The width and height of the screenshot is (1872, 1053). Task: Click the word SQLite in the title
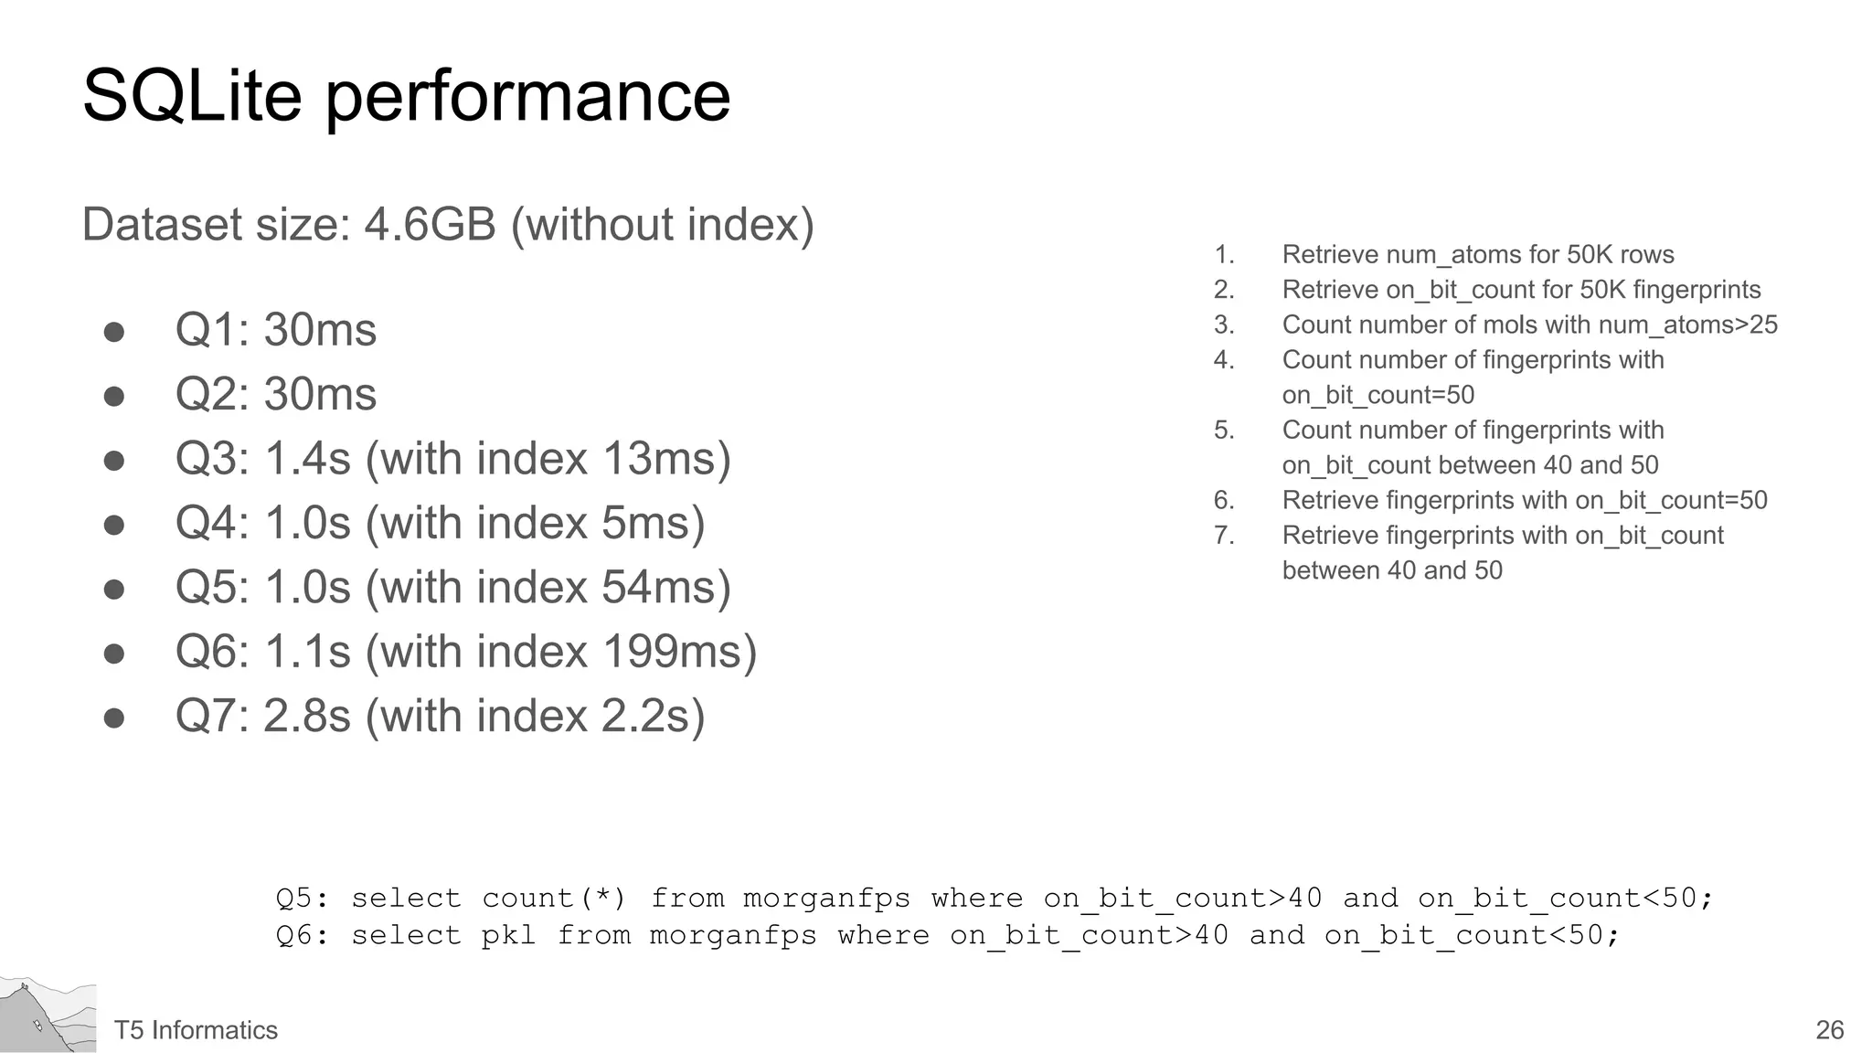click(192, 96)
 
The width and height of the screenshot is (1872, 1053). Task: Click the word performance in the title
click(527, 99)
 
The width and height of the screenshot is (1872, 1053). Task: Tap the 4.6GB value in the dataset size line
click(430, 225)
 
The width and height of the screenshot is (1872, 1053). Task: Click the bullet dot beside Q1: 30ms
click(114, 331)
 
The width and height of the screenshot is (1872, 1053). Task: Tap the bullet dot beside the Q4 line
click(114, 525)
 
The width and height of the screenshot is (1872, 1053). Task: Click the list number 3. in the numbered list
click(1224, 324)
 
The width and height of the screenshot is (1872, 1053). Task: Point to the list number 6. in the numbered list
click(1224, 500)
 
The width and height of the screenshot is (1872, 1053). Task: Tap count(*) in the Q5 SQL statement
click(554, 898)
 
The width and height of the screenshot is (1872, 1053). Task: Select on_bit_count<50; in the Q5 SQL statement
click(1565, 898)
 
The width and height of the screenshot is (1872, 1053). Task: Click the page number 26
click(1829, 1030)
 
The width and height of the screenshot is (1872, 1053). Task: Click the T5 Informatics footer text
click(196, 1030)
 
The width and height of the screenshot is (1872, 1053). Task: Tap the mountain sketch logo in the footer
click(48, 1015)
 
